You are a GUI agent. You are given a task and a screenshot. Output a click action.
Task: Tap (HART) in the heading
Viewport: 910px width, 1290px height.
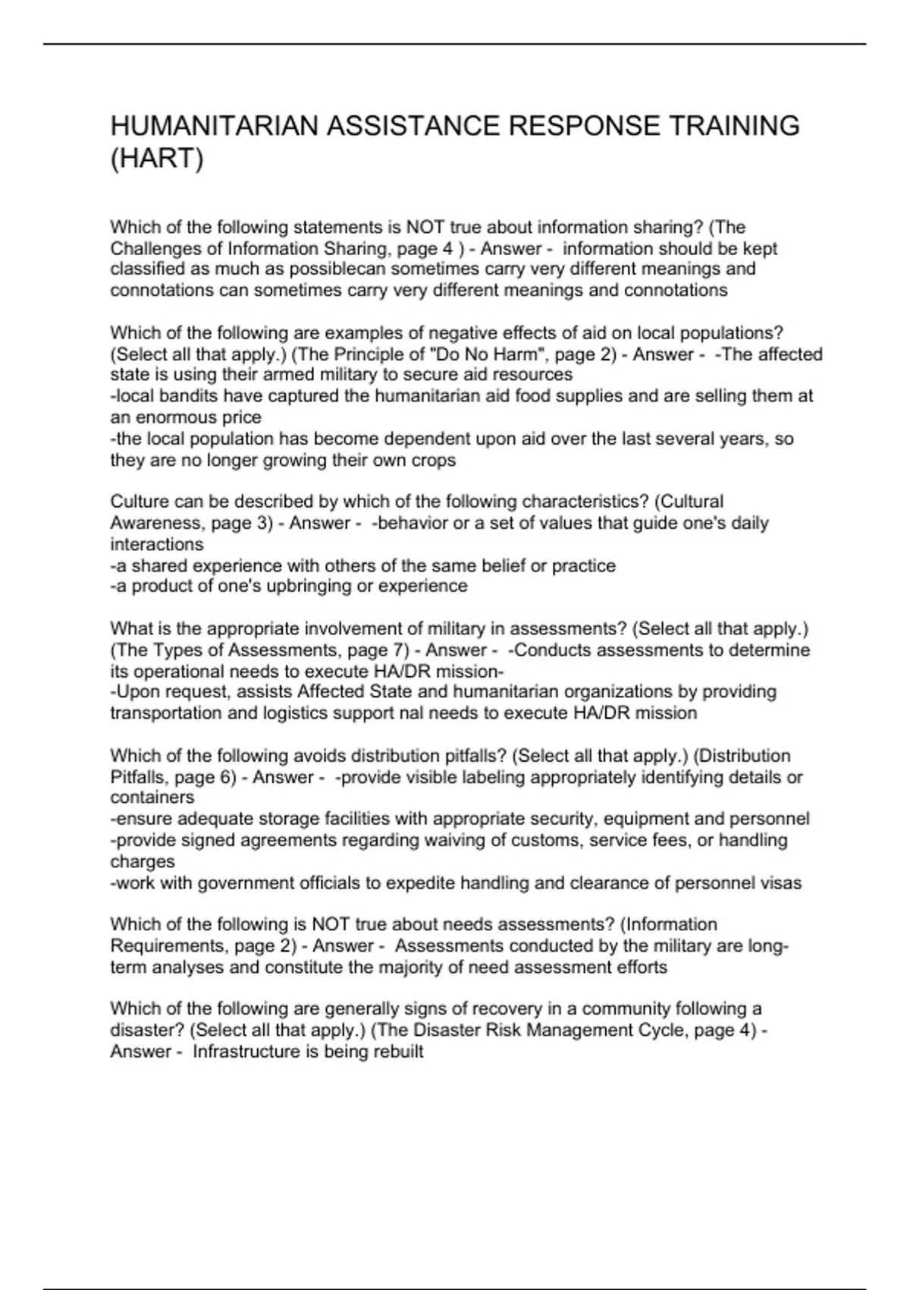pyautogui.click(x=157, y=160)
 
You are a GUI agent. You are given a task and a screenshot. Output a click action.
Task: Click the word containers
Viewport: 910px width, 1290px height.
pyautogui.click(x=152, y=798)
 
